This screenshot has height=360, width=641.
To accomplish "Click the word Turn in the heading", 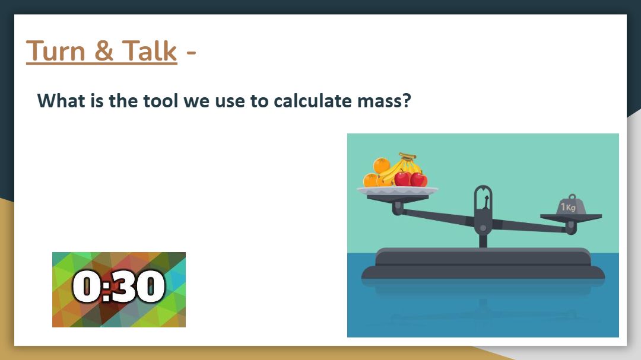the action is click(x=56, y=52).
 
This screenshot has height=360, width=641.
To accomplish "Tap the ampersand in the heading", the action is click(x=104, y=52).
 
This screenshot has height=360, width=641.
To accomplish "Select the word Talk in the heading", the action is click(x=150, y=52).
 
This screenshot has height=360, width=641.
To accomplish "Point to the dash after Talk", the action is click(x=191, y=53).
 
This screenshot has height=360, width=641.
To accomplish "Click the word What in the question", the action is click(x=61, y=100).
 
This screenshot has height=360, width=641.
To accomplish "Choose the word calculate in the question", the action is click(x=313, y=100).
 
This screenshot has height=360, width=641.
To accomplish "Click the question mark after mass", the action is click(x=407, y=100).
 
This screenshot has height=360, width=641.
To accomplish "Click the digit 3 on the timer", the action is click(x=124, y=286).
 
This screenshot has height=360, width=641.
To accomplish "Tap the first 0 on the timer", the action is click(x=87, y=286).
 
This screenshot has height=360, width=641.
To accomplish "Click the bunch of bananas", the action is click(x=402, y=167).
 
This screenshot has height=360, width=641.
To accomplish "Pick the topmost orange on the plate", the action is click(x=382, y=165).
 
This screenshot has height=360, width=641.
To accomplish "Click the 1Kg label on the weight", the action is click(x=568, y=207).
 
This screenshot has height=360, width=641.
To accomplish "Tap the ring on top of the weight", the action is click(x=572, y=197).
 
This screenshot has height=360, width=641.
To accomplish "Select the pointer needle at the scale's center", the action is click(x=486, y=202).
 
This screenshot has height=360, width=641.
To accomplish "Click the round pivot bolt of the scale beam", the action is click(x=483, y=228).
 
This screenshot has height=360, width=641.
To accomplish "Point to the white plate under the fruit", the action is click(x=397, y=191).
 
